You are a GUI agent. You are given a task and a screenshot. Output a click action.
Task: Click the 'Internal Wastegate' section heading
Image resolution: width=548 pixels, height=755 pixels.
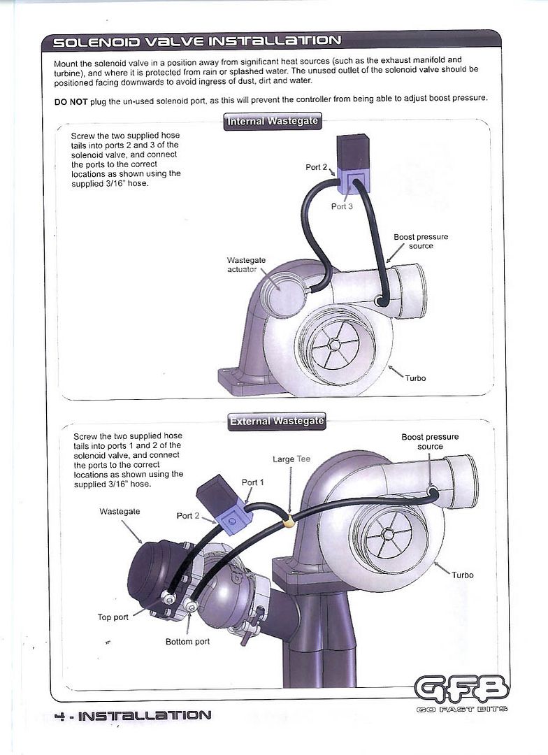click(273, 121)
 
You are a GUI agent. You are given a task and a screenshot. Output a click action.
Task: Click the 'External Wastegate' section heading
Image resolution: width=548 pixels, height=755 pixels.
click(277, 421)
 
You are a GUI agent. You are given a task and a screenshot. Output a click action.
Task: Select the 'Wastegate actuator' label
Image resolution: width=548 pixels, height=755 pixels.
click(242, 264)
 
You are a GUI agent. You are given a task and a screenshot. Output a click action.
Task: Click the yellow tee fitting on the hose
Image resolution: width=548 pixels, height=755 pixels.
click(289, 519)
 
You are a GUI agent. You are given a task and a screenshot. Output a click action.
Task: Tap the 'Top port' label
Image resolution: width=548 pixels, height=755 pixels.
click(113, 617)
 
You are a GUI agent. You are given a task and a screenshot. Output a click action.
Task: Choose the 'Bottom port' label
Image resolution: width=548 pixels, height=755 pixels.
click(187, 641)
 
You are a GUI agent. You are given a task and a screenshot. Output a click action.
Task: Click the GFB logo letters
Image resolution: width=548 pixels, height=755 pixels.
click(461, 688)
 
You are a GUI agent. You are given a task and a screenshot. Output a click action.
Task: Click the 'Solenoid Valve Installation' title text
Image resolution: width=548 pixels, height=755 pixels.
click(197, 42)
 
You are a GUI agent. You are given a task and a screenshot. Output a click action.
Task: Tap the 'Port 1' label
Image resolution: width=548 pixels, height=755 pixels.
click(253, 482)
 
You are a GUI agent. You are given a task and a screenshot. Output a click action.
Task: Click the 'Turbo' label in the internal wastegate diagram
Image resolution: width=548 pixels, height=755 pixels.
click(415, 378)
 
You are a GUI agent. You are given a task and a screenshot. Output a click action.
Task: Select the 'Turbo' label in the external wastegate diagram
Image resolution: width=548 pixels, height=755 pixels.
click(462, 575)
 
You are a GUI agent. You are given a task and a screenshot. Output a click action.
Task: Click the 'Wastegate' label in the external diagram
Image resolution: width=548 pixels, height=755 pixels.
click(120, 512)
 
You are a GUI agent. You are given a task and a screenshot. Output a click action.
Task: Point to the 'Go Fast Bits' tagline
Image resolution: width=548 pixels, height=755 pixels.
click(461, 709)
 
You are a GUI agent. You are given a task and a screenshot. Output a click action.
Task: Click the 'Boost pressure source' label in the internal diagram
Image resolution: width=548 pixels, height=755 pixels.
click(421, 241)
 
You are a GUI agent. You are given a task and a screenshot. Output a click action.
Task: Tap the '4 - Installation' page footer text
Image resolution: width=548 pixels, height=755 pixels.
click(132, 715)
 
